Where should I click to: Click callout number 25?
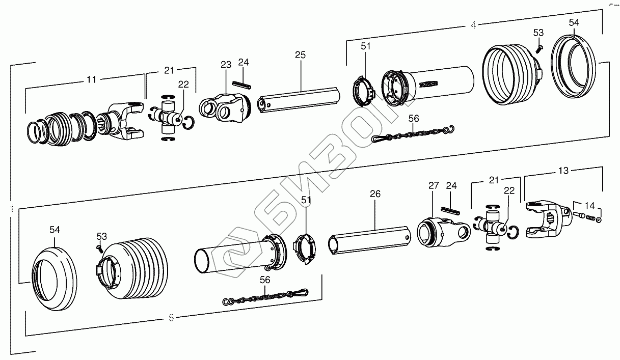[x=300, y=54]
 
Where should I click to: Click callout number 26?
[x=375, y=194]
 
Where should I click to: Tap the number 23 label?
[x=226, y=65]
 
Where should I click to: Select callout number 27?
[x=433, y=186]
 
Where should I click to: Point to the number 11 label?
[x=91, y=79]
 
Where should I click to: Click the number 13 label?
[x=563, y=171]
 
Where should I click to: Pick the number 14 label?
[x=589, y=206]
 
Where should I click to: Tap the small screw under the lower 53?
[x=99, y=247]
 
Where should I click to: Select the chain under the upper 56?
[x=413, y=133]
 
